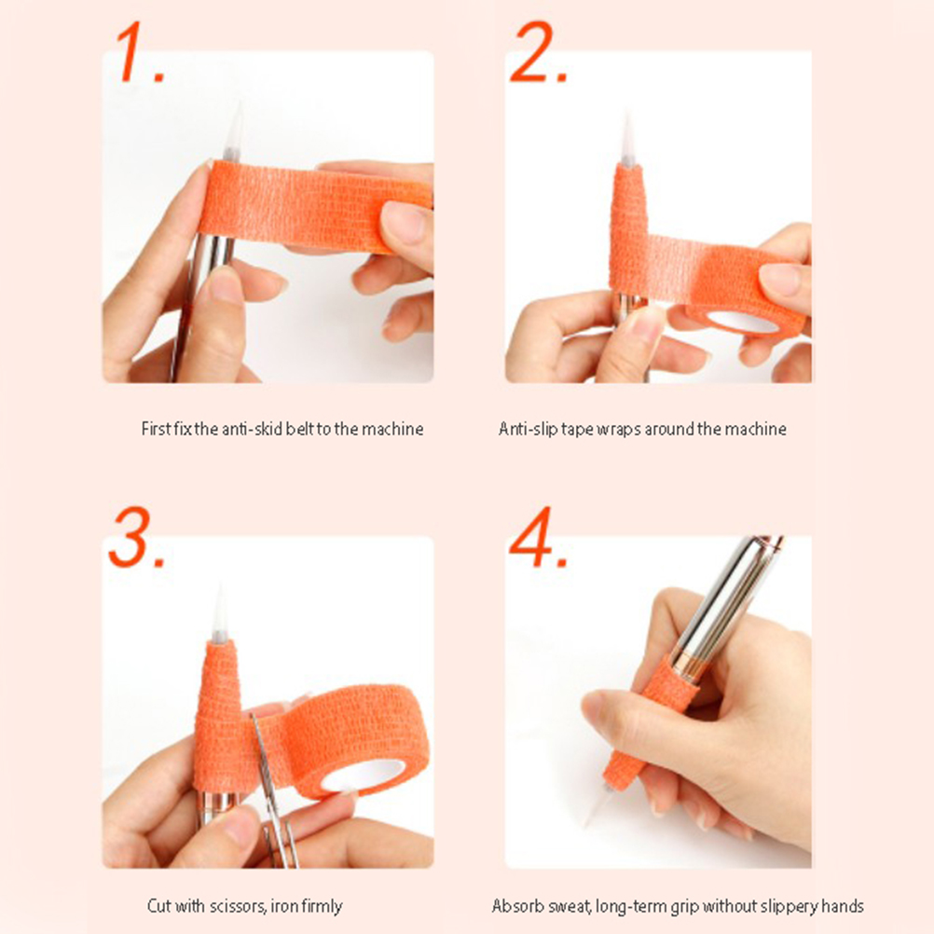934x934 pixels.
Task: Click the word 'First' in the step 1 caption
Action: click(156, 429)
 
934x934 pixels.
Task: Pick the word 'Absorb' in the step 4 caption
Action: click(514, 906)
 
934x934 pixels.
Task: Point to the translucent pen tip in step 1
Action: click(234, 131)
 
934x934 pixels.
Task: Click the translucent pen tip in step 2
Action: click(627, 139)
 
